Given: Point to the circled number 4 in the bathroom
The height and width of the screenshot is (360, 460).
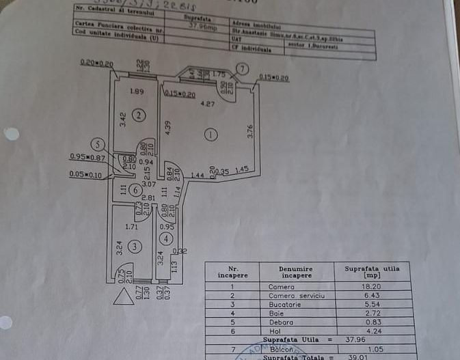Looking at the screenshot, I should click(167, 239).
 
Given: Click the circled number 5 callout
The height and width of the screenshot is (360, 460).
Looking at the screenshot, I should click(99, 144).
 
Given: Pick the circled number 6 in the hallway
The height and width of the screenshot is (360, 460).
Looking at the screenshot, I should click(137, 190).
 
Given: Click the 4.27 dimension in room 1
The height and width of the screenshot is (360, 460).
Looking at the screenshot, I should click(207, 105).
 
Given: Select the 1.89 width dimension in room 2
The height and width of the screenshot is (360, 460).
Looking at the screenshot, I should click(136, 92).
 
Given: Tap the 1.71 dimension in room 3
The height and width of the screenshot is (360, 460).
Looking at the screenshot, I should click(132, 225).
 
